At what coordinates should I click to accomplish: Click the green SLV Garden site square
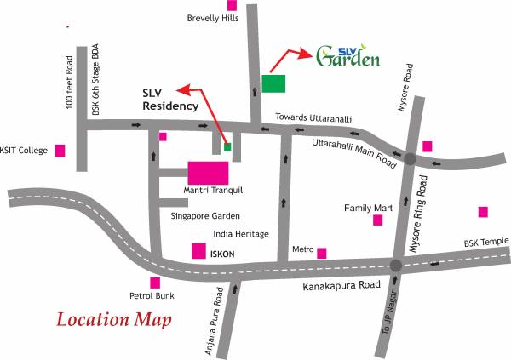coord(273,83)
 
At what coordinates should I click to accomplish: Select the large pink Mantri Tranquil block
coord(208,171)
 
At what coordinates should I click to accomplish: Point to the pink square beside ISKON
coord(198,251)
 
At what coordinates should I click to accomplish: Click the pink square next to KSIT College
coord(60,151)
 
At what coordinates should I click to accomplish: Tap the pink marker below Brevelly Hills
coord(232,4)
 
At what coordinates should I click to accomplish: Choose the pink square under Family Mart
coord(377,220)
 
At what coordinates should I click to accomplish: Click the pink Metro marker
coord(322,253)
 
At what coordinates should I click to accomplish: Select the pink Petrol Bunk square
coord(155,283)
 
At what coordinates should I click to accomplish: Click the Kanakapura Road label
coord(341,288)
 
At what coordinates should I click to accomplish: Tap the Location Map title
coord(114,321)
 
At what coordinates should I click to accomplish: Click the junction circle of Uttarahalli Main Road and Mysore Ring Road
coord(410,158)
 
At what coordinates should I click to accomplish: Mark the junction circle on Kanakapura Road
coord(395,266)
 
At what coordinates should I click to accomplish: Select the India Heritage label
coord(241,234)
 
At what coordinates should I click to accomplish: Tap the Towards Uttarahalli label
coord(313,117)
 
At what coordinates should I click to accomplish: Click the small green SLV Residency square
coord(227,146)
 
